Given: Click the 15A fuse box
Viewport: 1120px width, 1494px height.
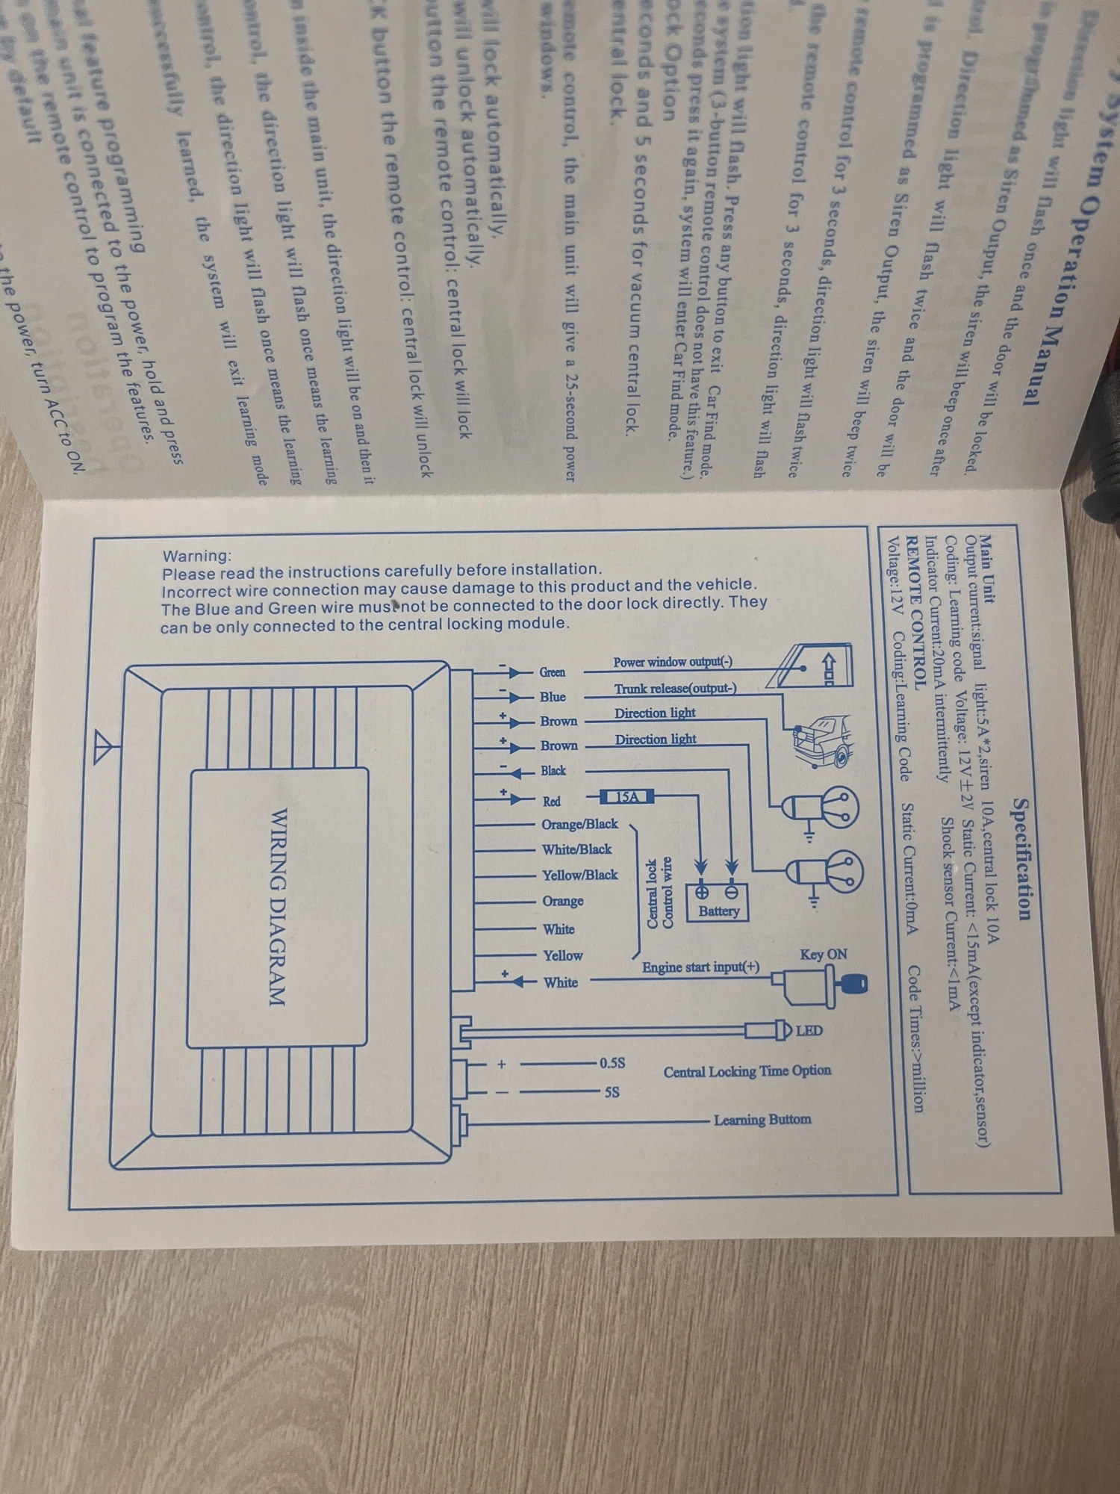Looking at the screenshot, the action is coord(627,796).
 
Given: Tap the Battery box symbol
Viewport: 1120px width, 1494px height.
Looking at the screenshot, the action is coord(718,901).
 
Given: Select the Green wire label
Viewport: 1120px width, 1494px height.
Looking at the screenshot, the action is coord(553,672).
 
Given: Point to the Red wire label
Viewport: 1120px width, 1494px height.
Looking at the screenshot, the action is coord(552,801).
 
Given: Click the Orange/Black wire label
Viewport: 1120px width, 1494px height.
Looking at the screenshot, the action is coord(579,824).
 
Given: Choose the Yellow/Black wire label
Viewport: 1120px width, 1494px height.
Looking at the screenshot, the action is coord(579,875).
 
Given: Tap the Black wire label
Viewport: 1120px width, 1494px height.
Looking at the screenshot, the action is coord(553,770).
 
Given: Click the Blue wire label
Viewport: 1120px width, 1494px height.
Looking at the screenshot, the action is coord(553,697).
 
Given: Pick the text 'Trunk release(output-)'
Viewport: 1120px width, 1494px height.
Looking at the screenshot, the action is coord(675,688).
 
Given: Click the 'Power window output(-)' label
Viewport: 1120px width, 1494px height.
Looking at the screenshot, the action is coord(673,662).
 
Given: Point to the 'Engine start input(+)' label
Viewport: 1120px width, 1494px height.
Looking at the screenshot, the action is coord(700,967).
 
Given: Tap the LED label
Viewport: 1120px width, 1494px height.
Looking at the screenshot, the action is coord(809,1031).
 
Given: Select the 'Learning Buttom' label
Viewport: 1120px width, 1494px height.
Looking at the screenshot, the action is coord(762,1120).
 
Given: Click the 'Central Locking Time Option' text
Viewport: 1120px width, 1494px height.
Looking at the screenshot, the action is coord(747,1071).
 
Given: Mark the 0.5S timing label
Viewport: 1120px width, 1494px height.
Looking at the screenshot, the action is coord(612,1063).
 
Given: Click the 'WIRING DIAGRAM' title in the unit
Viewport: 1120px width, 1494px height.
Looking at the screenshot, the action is coord(277,907).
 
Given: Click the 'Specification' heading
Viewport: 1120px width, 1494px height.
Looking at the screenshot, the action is coord(1022,859).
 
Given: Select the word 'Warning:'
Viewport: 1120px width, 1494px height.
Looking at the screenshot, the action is coord(197,556).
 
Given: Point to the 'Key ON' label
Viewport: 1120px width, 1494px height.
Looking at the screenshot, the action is coord(823,954).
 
